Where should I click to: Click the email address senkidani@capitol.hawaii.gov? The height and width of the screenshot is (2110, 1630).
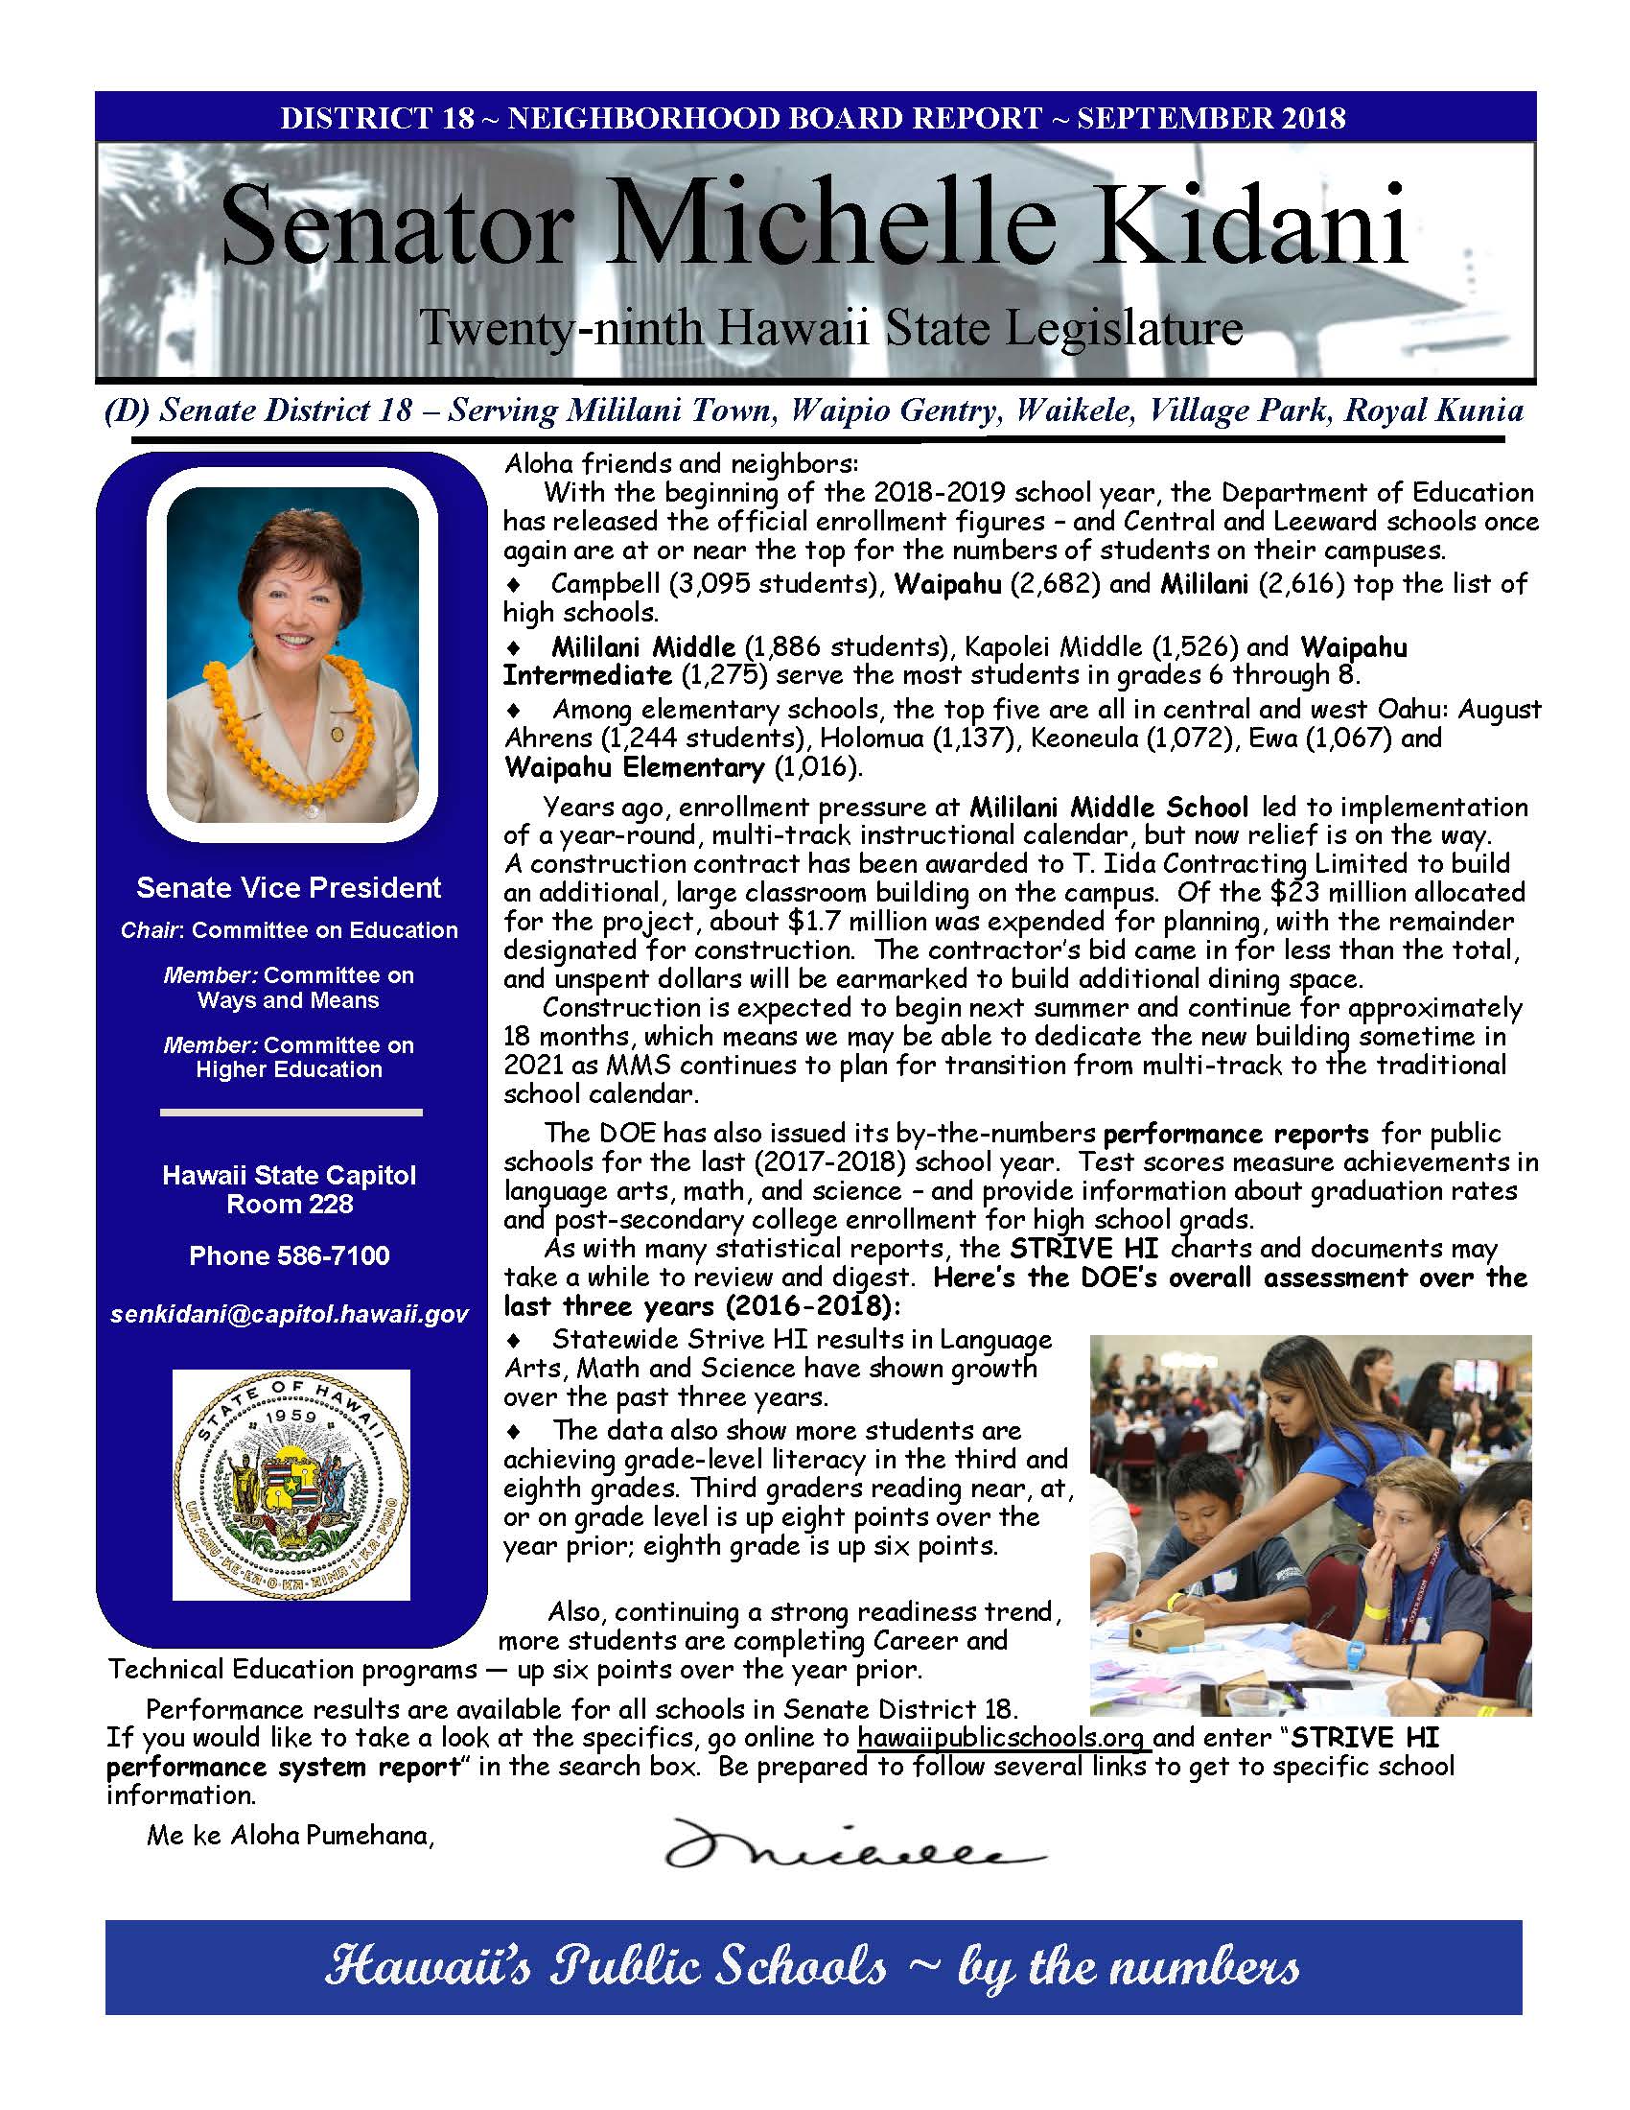coord(290,1315)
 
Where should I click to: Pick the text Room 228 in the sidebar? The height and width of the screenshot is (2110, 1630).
coord(290,1205)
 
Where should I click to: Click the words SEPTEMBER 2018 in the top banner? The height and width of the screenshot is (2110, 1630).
coord(1211,118)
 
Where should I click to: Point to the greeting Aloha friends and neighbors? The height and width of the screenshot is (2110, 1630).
coord(681,464)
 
